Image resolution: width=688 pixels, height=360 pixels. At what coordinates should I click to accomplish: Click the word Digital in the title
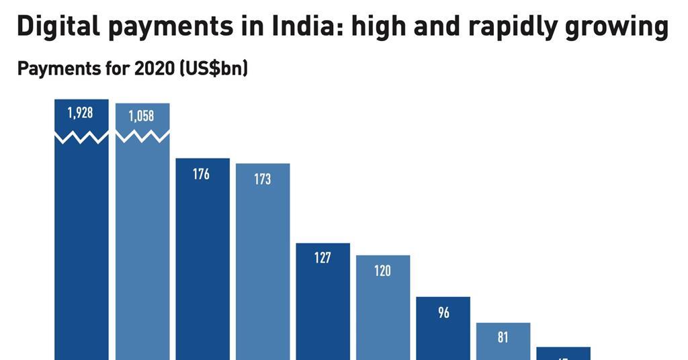pyautogui.click(x=56, y=27)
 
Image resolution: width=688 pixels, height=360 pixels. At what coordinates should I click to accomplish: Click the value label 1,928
pyautogui.click(x=81, y=114)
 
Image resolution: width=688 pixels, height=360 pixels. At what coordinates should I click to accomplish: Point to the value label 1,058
pyautogui.click(x=142, y=116)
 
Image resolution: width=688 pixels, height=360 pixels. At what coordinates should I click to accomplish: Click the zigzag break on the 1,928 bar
pyautogui.click(x=81, y=137)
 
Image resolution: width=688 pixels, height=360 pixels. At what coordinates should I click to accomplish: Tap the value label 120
pyautogui.click(x=382, y=271)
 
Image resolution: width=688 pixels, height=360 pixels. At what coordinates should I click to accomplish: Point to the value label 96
pyautogui.click(x=443, y=312)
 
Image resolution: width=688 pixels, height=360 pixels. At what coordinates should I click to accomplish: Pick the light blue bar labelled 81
pyautogui.click(x=503, y=343)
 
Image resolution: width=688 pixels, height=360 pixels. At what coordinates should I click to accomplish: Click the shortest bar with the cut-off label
pyautogui.click(x=563, y=353)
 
